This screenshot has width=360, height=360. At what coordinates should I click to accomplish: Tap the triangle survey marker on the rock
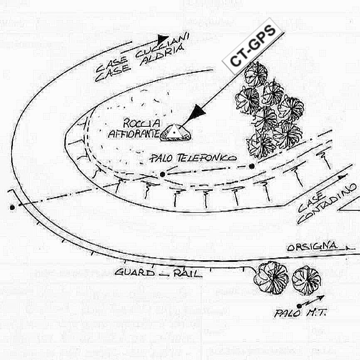point(175,132)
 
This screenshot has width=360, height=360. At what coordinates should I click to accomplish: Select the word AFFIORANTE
point(133,133)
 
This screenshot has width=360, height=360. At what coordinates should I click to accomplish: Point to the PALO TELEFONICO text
point(193,158)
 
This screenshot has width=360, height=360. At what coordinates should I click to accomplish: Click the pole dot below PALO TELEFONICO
point(163,174)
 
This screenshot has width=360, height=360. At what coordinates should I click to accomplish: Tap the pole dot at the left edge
point(12,207)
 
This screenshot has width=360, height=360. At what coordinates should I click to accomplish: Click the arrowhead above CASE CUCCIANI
point(163,39)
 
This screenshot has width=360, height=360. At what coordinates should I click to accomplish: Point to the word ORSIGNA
point(312,247)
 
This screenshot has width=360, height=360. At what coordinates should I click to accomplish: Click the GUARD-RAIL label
point(158,272)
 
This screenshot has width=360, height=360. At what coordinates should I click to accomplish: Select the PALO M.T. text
point(299,313)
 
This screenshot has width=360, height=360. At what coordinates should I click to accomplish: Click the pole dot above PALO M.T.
point(299,306)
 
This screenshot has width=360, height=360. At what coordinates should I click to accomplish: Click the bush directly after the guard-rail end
point(271,276)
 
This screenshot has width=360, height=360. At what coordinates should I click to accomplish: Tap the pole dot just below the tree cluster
point(252,166)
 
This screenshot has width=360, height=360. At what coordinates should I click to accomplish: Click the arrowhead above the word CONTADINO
point(342,178)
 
